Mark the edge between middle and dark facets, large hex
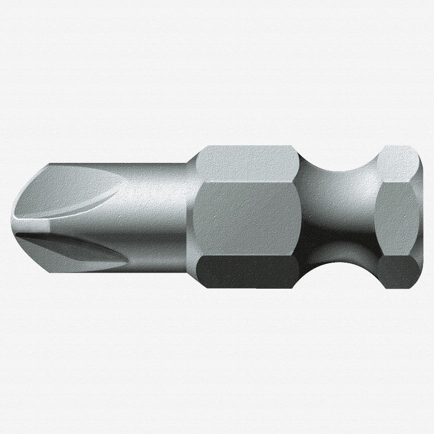click(246, 254)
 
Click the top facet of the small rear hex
click(398, 163)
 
